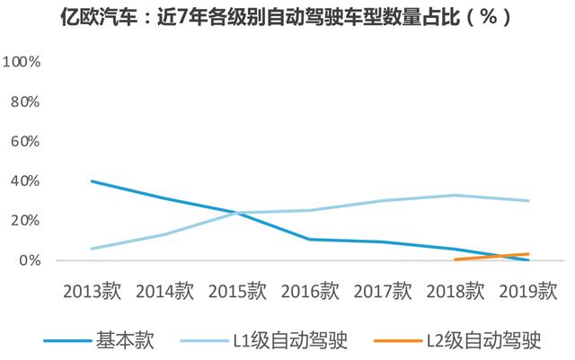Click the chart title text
[287, 17]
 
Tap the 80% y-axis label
[25, 101]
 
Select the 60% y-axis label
[25, 141]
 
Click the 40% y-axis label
[25, 181]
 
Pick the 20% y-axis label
[25, 221]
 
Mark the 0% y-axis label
[30, 260]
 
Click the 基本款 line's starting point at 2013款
[92, 181]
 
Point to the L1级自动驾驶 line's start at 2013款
[92, 249]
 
